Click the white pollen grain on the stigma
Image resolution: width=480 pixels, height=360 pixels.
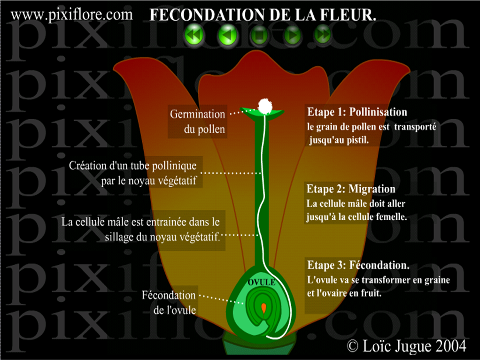click(266, 105)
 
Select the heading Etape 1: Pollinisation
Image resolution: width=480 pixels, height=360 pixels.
click(357, 113)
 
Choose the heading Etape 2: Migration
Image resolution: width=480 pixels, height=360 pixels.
click(351, 189)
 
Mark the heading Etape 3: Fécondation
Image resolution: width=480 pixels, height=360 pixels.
click(358, 265)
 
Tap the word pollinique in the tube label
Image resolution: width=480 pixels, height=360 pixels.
click(174, 166)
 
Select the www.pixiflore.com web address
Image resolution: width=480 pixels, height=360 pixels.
click(72, 15)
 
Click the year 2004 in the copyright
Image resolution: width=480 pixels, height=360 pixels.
click(450, 346)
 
